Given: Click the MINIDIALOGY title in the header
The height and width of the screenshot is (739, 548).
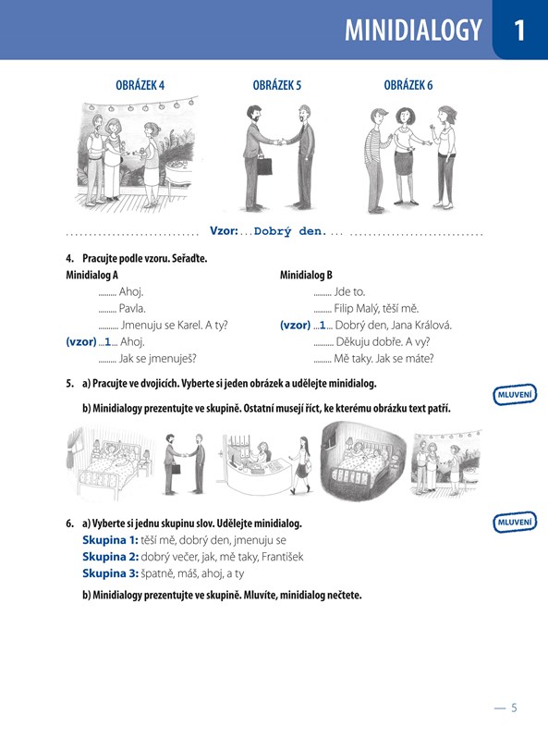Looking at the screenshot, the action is click(x=413, y=31).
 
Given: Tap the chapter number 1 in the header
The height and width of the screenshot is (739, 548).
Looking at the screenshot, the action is click(x=519, y=31).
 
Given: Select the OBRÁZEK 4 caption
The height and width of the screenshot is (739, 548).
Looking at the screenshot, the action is click(x=140, y=85).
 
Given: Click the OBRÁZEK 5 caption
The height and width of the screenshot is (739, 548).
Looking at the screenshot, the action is click(x=277, y=85).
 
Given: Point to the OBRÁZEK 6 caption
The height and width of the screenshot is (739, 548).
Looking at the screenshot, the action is click(x=408, y=85).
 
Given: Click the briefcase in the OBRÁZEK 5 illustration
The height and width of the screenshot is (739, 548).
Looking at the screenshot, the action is click(x=264, y=166).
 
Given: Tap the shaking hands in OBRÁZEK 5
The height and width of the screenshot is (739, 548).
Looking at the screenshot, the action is click(x=281, y=141).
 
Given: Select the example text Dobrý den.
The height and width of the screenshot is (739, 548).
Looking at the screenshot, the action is click(x=290, y=231).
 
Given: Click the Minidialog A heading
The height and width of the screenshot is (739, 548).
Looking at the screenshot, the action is click(x=91, y=275).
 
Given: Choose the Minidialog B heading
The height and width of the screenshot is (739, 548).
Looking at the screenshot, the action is click(x=306, y=275).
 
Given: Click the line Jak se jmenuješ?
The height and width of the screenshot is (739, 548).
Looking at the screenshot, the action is click(x=158, y=359).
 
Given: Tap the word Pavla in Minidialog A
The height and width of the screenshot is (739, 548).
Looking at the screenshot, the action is click(x=131, y=309).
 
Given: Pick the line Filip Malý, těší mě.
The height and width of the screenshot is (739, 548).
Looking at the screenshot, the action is click(x=376, y=309).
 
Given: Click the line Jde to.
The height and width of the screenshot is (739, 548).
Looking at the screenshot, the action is click(x=349, y=291).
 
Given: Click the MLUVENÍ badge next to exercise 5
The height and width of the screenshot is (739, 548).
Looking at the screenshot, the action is click(x=515, y=395).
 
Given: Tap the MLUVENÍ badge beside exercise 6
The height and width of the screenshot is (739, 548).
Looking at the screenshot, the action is click(x=515, y=523).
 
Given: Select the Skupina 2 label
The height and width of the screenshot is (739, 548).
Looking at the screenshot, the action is click(x=111, y=557).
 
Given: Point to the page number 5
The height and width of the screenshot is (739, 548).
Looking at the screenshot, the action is click(x=514, y=708).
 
